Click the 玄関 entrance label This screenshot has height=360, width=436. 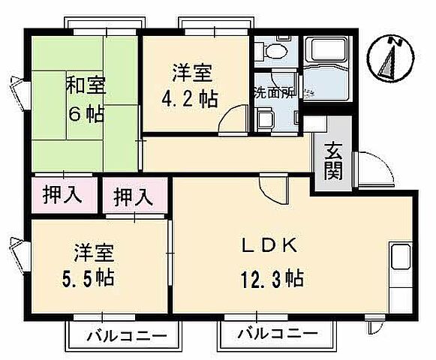pos(335,160)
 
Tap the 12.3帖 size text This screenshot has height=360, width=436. pos(271,280)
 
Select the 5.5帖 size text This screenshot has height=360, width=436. pos(89,277)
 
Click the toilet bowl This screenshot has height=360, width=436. pos(271,52)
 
